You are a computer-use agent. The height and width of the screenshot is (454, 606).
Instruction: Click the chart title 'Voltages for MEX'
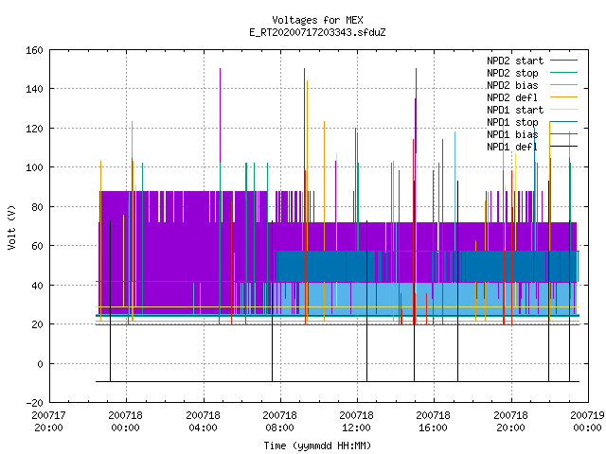317,20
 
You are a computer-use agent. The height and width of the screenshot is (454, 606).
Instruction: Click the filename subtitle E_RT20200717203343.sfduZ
317,32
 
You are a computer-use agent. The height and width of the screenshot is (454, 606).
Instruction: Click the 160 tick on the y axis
34,50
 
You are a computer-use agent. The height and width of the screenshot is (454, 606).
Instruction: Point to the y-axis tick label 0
40,363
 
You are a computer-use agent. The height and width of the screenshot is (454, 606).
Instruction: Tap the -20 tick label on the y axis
34,403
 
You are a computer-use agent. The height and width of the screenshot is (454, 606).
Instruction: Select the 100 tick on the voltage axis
34,167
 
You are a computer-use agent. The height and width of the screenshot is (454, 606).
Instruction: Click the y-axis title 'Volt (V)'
11,228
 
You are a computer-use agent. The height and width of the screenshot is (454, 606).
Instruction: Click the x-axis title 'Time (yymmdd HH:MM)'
317,445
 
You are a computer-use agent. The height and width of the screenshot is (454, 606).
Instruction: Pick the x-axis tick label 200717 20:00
48,422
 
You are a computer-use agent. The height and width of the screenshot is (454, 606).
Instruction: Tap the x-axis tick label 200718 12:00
356,422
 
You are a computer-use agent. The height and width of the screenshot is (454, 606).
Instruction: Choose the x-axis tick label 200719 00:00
587,422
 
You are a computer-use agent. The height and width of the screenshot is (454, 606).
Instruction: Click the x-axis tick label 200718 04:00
203,422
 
